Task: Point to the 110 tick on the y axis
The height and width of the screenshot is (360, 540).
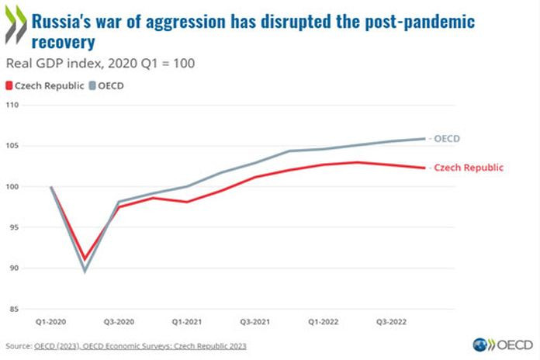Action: (x=12, y=105)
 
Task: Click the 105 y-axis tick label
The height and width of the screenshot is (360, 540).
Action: (x=12, y=146)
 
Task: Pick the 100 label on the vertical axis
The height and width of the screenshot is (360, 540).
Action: (x=12, y=187)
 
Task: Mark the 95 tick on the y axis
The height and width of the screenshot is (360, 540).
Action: (x=14, y=227)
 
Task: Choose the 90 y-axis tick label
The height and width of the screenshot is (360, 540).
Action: (x=14, y=268)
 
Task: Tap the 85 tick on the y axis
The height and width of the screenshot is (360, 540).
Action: (x=14, y=309)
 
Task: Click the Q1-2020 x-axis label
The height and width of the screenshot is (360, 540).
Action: (x=51, y=320)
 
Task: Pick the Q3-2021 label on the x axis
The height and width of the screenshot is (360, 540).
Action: (x=255, y=320)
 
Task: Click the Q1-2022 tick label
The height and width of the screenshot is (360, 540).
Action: (x=323, y=320)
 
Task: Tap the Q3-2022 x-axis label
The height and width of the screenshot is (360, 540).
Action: (x=390, y=320)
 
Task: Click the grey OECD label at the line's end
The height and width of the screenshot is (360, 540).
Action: (x=448, y=139)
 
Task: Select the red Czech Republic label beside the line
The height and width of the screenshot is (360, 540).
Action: (x=469, y=168)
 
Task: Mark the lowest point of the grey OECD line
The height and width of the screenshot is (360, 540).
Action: (x=85, y=271)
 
